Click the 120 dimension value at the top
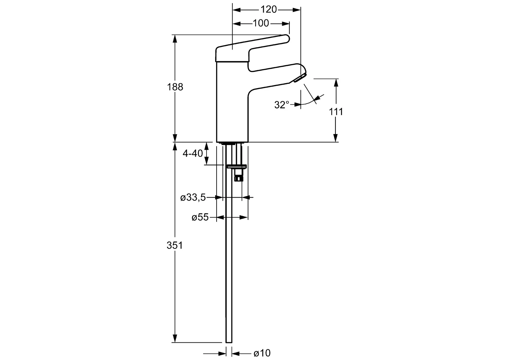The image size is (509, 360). pyautogui.click(x=268, y=10)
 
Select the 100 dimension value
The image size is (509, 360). pyautogui.click(x=261, y=23)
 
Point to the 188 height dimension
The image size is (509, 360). pyautogui.click(x=175, y=87)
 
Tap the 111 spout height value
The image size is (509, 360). pyautogui.click(x=336, y=111)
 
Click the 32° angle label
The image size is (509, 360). pyautogui.click(x=281, y=105)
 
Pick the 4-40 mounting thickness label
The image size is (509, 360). pyautogui.click(x=193, y=153)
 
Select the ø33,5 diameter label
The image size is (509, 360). pyautogui.click(x=193, y=198)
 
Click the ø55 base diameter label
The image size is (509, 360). pyautogui.click(x=200, y=218)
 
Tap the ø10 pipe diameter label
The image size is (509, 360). pyautogui.click(x=262, y=353)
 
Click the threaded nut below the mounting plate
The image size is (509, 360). pyautogui.click(x=238, y=175)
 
